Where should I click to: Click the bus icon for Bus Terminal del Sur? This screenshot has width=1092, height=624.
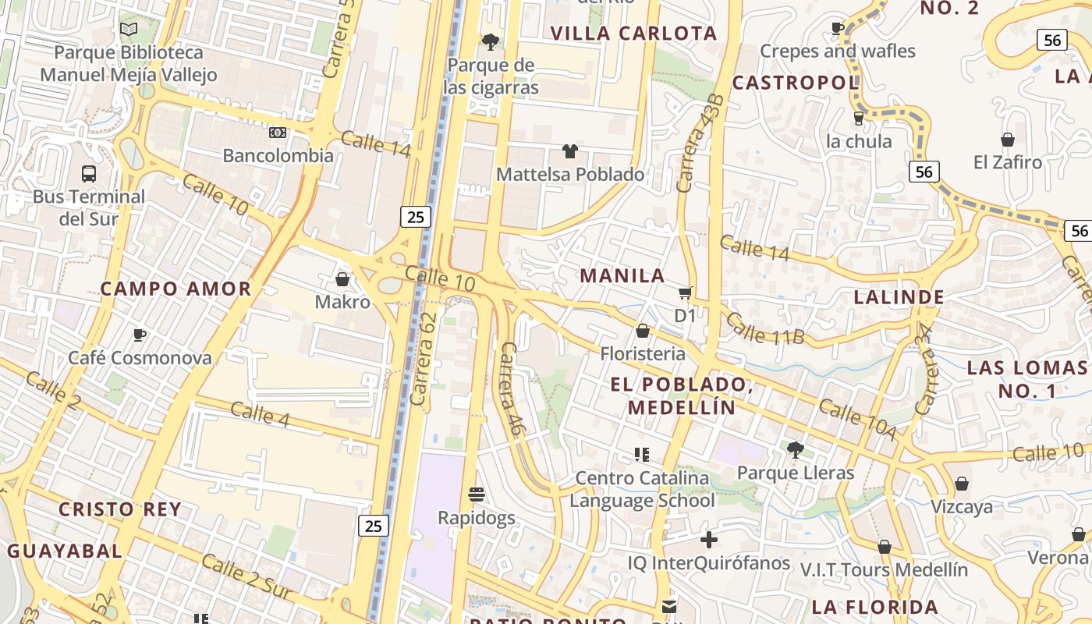[89, 173]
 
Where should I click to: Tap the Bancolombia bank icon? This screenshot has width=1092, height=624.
[278, 133]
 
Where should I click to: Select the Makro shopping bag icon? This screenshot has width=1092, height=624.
[342, 279]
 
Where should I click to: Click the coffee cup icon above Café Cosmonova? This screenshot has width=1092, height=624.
[140, 335]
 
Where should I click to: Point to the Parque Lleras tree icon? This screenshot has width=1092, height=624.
[796, 449]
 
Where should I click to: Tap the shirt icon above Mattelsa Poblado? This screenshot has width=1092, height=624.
[570, 151]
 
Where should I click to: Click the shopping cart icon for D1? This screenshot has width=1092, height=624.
[685, 293]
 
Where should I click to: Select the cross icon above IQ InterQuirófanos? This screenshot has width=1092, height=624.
[708, 540]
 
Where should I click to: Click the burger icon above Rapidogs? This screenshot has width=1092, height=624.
[477, 494]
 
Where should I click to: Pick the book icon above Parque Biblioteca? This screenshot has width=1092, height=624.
[129, 30]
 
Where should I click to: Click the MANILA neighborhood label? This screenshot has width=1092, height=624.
[622, 275]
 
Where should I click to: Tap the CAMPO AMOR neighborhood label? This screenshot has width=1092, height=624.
[176, 289]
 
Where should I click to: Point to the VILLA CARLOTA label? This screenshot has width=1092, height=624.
[633, 33]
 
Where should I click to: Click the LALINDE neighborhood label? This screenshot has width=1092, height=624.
[899, 296]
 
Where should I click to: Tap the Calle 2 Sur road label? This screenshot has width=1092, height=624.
[246, 578]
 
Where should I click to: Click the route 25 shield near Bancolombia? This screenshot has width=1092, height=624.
[416, 217]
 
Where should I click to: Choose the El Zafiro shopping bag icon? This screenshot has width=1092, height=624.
[1008, 140]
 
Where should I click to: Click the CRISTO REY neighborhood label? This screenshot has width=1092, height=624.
[120, 509]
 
